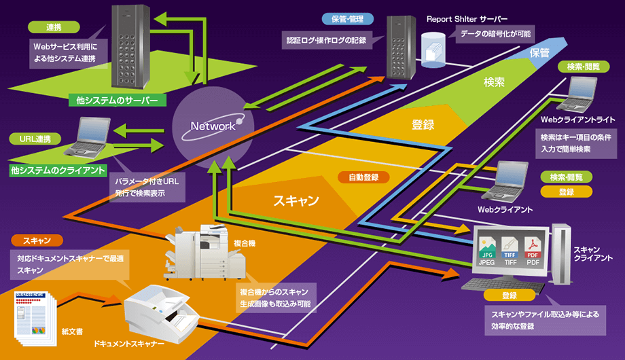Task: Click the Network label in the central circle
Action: pyautogui.click(x=213, y=126)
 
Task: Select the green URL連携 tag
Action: pyautogui.click(x=37, y=139)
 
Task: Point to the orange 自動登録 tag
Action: pyautogui.click(x=363, y=177)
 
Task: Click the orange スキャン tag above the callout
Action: pyautogui.click(x=33, y=240)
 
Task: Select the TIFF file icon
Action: pyautogui.click(x=511, y=248)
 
